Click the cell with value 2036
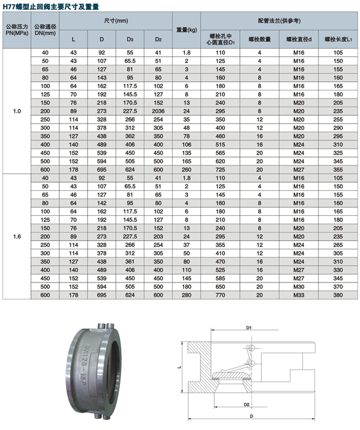(158, 111)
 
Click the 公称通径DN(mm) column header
(45, 29)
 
